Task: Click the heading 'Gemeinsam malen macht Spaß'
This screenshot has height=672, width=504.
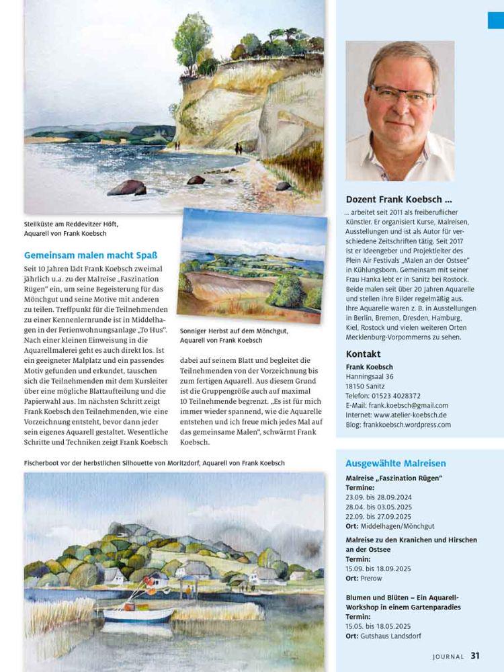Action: pos(91,255)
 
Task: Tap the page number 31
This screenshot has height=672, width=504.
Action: pos(475,656)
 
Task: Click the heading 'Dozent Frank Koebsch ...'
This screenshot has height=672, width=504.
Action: pos(398,200)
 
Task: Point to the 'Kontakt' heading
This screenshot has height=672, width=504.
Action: pos(363,354)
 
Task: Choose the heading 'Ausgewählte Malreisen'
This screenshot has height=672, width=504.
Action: pos(395,463)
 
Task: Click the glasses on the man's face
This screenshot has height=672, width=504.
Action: pos(401,95)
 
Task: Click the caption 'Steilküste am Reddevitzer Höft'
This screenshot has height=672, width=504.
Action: pos(75,224)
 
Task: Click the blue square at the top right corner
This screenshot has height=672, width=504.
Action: pos(496,20)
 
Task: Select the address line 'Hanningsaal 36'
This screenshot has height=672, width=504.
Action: pos(370,377)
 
